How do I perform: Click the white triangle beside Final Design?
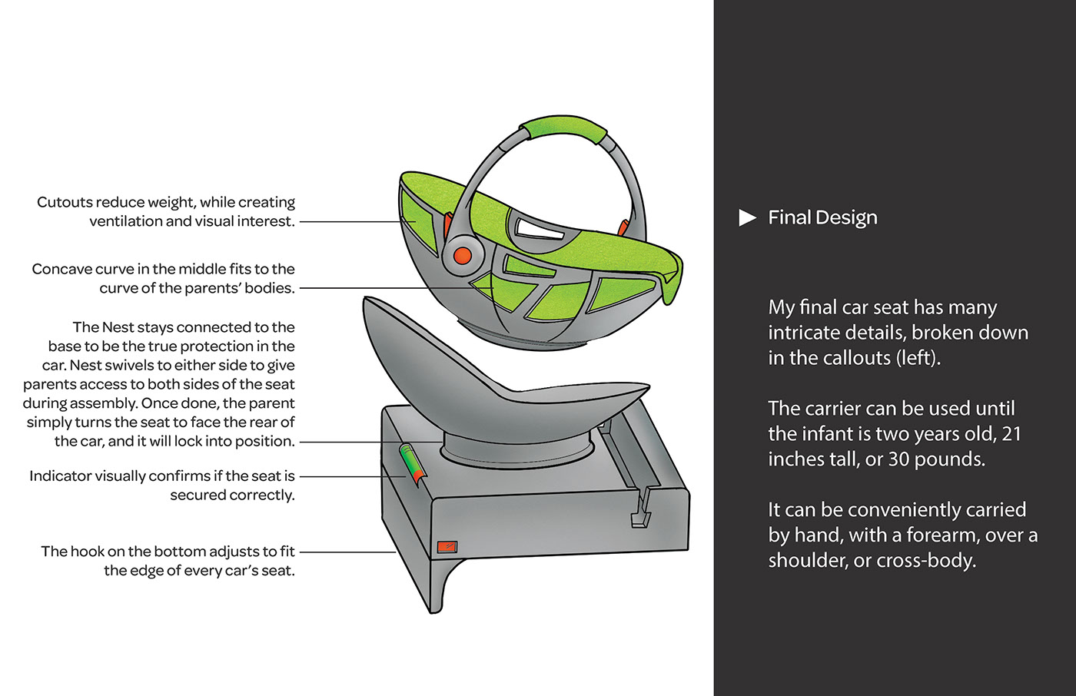pos(747,217)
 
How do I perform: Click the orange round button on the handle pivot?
pos(463,255)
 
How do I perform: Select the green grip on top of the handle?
pos(563,128)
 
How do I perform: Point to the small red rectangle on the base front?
pos(447,547)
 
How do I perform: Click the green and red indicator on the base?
pos(413,465)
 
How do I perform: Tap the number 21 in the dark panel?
pos(1011,434)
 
